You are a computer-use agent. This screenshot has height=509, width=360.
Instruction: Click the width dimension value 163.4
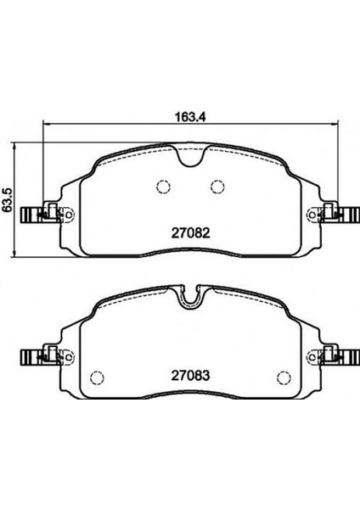click(191, 116)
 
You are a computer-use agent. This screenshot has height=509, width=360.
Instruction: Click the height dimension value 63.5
click(7, 199)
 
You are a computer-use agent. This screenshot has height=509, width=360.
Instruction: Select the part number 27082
click(191, 232)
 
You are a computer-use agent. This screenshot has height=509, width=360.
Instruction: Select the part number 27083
click(191, 376)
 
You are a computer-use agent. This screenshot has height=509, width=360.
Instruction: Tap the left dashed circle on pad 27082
click(163, 187)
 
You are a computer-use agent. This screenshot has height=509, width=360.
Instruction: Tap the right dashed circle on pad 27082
click(217, 187)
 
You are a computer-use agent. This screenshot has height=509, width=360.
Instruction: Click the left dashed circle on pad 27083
click(97, 378)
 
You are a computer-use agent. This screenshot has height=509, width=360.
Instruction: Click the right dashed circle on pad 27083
click(284, 378)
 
